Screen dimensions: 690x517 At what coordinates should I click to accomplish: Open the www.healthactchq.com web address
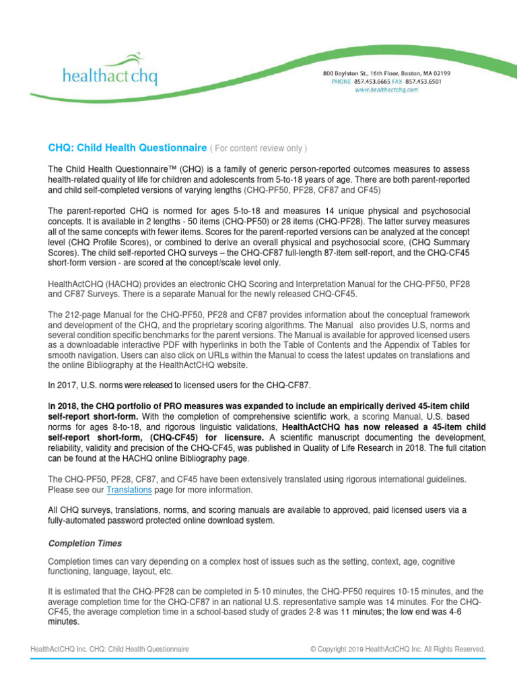pyautogui.click(x=386, y=89)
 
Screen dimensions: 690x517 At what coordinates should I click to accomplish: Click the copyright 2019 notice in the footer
pyautogui.click(x=397, y=649)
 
